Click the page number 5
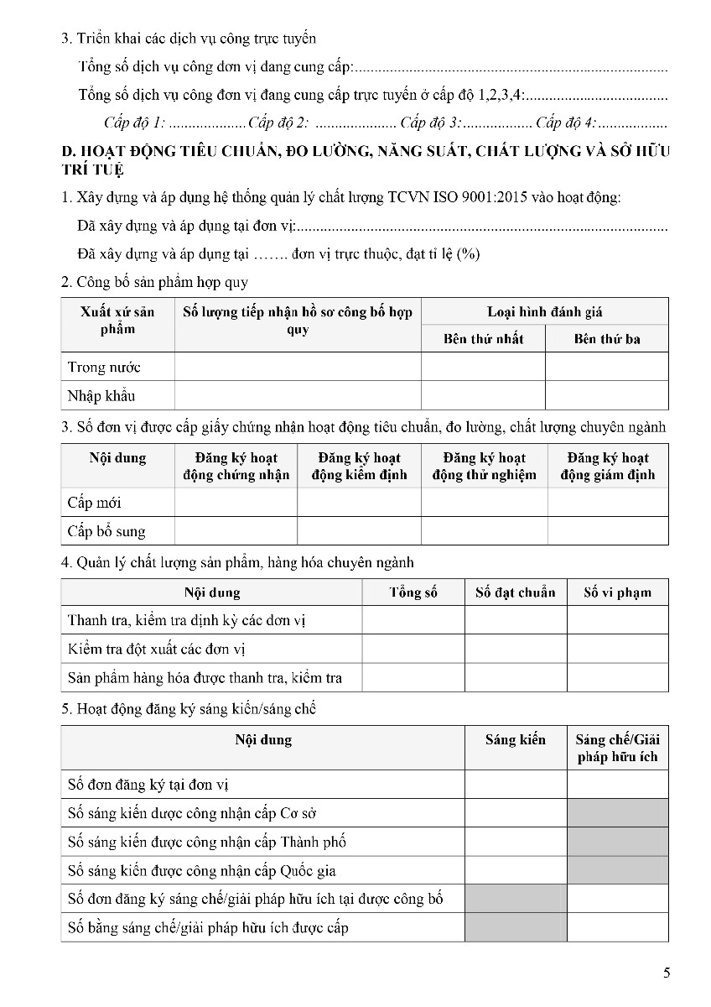click(667, 973)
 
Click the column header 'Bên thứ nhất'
click(483, 339)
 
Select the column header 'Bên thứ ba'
click(607, 339)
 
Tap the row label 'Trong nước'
click(104, 367)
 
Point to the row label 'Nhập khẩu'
click(101, 395)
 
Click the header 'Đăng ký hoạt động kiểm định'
click(359, 467)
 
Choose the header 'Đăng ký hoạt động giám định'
click(608, 467)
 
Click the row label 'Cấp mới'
click(94, 503)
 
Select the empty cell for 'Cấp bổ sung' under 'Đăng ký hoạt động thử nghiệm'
click(484, 531)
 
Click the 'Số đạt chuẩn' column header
click(515, 592)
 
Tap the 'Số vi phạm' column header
click(617, 592)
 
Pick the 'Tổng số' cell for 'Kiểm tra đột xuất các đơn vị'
click(413, 649)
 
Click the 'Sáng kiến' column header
click(515, 739)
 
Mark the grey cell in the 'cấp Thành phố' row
click(617, 842)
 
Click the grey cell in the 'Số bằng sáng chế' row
click(515, 927)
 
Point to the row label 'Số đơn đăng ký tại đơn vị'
click(148, 785)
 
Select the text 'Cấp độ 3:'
click(431, 123)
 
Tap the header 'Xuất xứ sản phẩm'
click(117, 321)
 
